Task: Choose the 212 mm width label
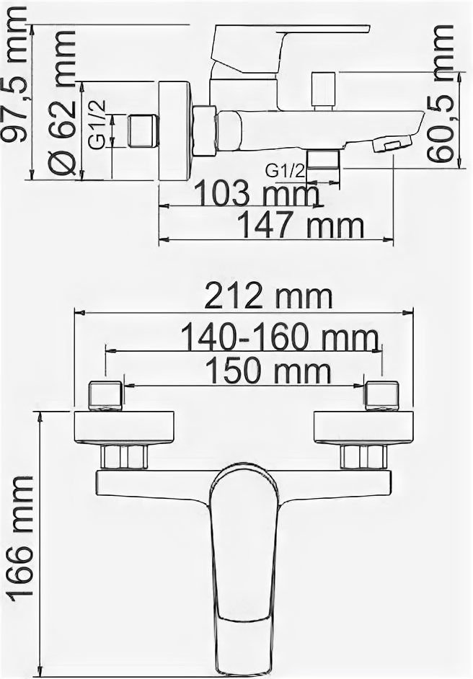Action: (268, 298)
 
